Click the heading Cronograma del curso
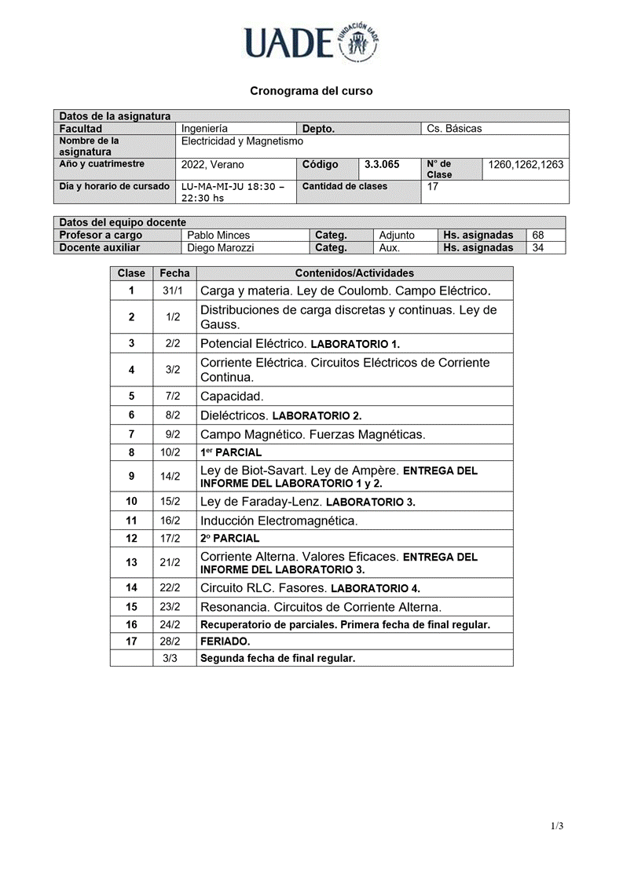tap(311, 91)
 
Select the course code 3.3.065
tap(382, 165)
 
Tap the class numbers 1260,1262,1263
tap(526, 165)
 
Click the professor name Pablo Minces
tap(218, 235)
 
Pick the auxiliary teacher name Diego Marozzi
tap(221, 247)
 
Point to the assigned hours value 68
tap(538, 235)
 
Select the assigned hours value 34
tap(538, 247)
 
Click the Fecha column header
tap(174, 273)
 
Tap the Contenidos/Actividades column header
tap(354, 273)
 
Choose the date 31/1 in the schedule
tap(173, 291)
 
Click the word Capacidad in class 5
tap(232, 396)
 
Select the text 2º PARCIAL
tap(229, 539)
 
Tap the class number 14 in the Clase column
tap(131, 587)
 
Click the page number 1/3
tap(557, 826)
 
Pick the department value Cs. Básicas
tap(454, 129)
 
